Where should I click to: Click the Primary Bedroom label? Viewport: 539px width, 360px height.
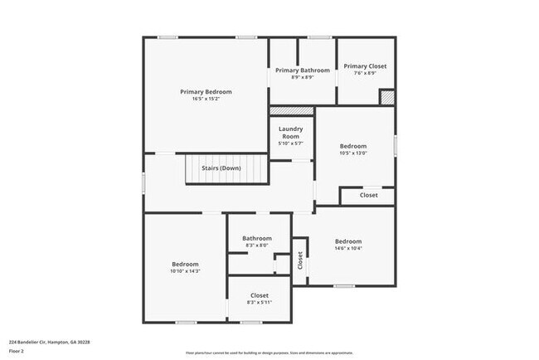pyautogui.click(x=206, y=91)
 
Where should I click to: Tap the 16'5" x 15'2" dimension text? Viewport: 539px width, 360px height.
pyautogui.click(x=206, y=99)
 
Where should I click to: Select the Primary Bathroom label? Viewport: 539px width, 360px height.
pyautogui.click(x=302, y=71)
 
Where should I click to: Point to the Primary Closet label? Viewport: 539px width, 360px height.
pyautogui.click(x=365, y=66)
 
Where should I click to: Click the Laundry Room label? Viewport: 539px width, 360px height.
pyautogui.click(x=290, y=133)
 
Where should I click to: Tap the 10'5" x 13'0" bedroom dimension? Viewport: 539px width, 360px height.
pyautogui.click(x=352, y=153)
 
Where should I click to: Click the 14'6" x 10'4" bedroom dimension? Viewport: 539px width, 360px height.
pyautogui.click(x=347, y=248)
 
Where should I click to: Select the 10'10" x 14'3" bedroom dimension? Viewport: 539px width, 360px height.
pyautogui.click(x=185, y=271)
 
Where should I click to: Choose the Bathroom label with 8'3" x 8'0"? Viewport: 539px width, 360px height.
pyautogui.click(x=257, y=238)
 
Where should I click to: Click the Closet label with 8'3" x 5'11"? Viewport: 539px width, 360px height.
pyautogui.click(x=259, y=295)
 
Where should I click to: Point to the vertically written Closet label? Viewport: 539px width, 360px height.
pyautogui.click(x=300, y=260)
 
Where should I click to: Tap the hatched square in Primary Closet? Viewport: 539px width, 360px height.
pyautogui.click(x=386, y=97)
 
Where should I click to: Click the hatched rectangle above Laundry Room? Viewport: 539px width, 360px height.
pyautogui.click(x=289, y=110)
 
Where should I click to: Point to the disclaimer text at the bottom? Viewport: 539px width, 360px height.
pyautogui.click(x=269, y=353)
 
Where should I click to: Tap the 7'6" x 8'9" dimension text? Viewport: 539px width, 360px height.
pyautogui.click(x=365, y=73)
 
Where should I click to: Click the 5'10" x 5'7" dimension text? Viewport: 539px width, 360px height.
pyautogui.click(x=290, y=144)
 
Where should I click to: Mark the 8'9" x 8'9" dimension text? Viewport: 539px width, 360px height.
pyautogui.click(x=302, y=77)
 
